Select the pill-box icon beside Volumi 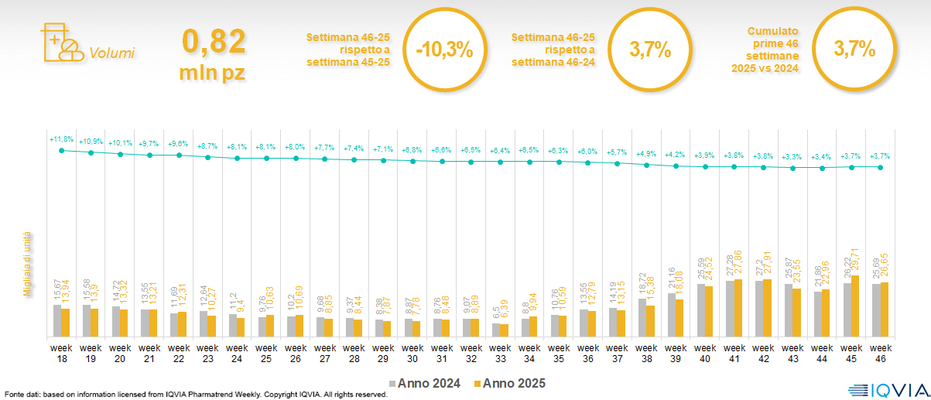tap(61, 42)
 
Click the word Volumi tap(111, 53)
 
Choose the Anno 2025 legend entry tap(509, 383)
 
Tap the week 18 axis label tap(62, 354)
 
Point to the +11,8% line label tap(61, 139)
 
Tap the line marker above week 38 tap(647, 163)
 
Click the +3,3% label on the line tap(792, 156)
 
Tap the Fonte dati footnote tap(196, 394)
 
